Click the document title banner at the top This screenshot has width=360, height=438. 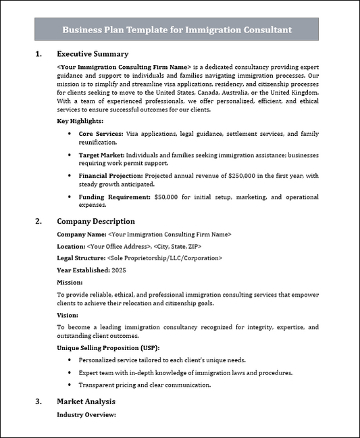pos(177,30)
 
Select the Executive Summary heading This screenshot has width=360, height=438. pos(92,54)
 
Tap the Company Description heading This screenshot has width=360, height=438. pos(95,221)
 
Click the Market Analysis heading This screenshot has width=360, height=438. pos(86,401)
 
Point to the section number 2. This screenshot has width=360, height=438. pos(38,221)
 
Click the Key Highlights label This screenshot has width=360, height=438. pos(80,121)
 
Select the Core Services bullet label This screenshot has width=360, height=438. pos(100,135)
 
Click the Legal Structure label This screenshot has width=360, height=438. pos(80,258)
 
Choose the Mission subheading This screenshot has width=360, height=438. pos(70,282)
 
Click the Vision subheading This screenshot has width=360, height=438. pos(68,315)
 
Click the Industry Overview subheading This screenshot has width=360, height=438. pos(86,414)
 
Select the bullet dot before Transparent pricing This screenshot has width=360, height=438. pos(71,385)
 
